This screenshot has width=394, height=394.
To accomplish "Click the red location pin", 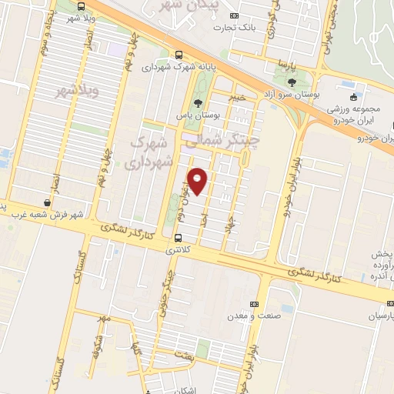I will tap(198, 180).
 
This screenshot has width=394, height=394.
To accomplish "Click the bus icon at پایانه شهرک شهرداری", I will tap(179, 55).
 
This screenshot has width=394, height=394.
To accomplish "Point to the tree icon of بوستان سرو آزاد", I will tap(292, 82).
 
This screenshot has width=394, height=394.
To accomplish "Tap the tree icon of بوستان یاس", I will tap(199, 102).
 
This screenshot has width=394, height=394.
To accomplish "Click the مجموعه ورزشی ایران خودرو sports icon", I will tap(353, 97).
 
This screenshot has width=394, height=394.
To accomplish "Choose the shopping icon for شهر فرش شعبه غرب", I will tap(48, 202).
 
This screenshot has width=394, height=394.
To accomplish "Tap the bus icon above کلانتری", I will tap(179, 237).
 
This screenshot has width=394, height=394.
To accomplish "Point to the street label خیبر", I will tap(236, 97).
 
